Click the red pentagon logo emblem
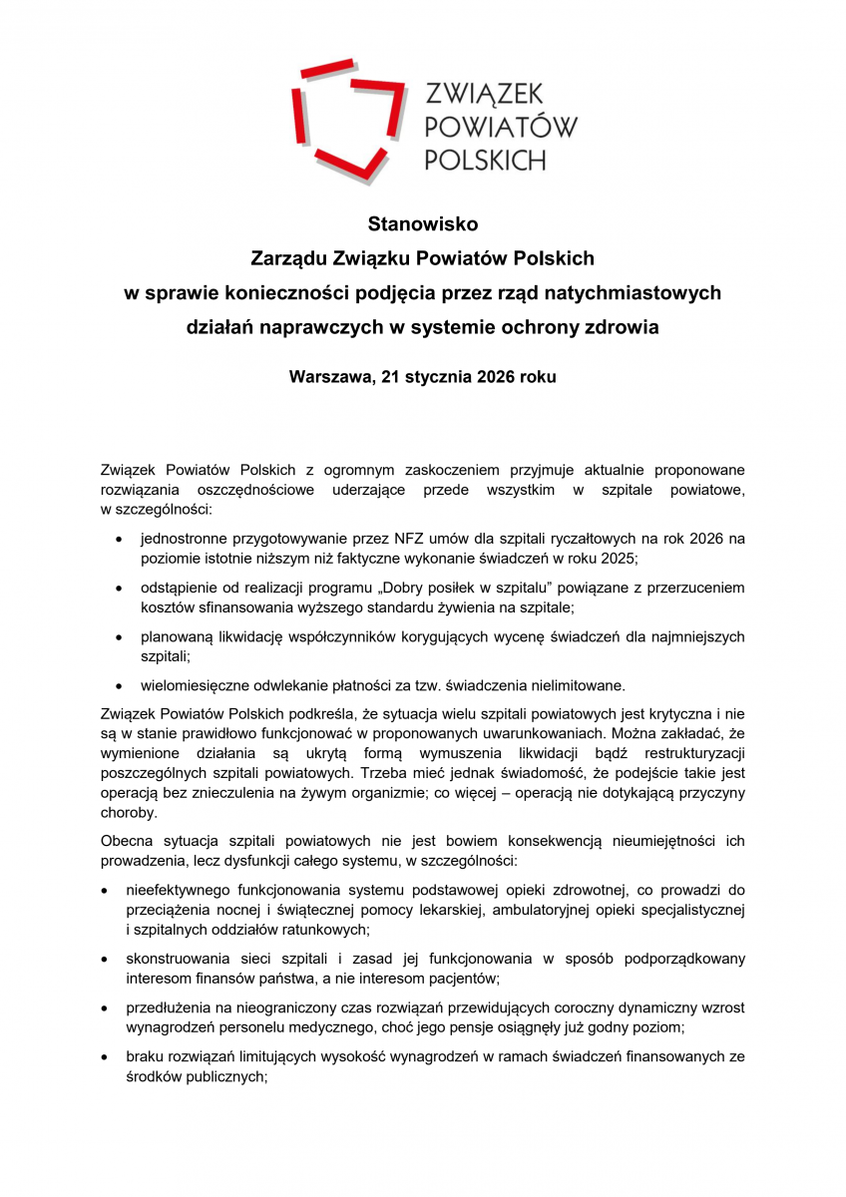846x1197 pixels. (343, 119)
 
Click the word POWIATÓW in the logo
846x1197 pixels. (501, 126)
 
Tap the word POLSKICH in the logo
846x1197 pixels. (485, 159)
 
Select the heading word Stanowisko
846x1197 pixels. (422, 224)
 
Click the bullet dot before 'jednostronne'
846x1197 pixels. (120, 540)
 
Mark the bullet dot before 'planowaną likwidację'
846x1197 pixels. (120, 637)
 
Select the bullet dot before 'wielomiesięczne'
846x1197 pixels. (120, 686)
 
